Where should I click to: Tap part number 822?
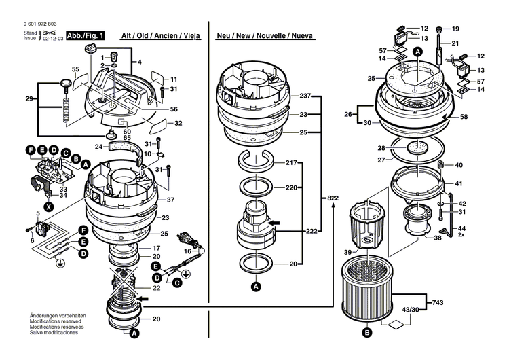pos(333,198)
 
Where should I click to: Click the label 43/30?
pos(411,310)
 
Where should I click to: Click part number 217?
pos(291,163)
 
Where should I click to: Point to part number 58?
pos(464,118)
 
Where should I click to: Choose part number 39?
pos(348,253)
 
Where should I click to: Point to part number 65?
pos(126,137)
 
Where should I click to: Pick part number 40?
pos(459,165)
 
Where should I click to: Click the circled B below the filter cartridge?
pos(367,333)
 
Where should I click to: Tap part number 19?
pos(455,29)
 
